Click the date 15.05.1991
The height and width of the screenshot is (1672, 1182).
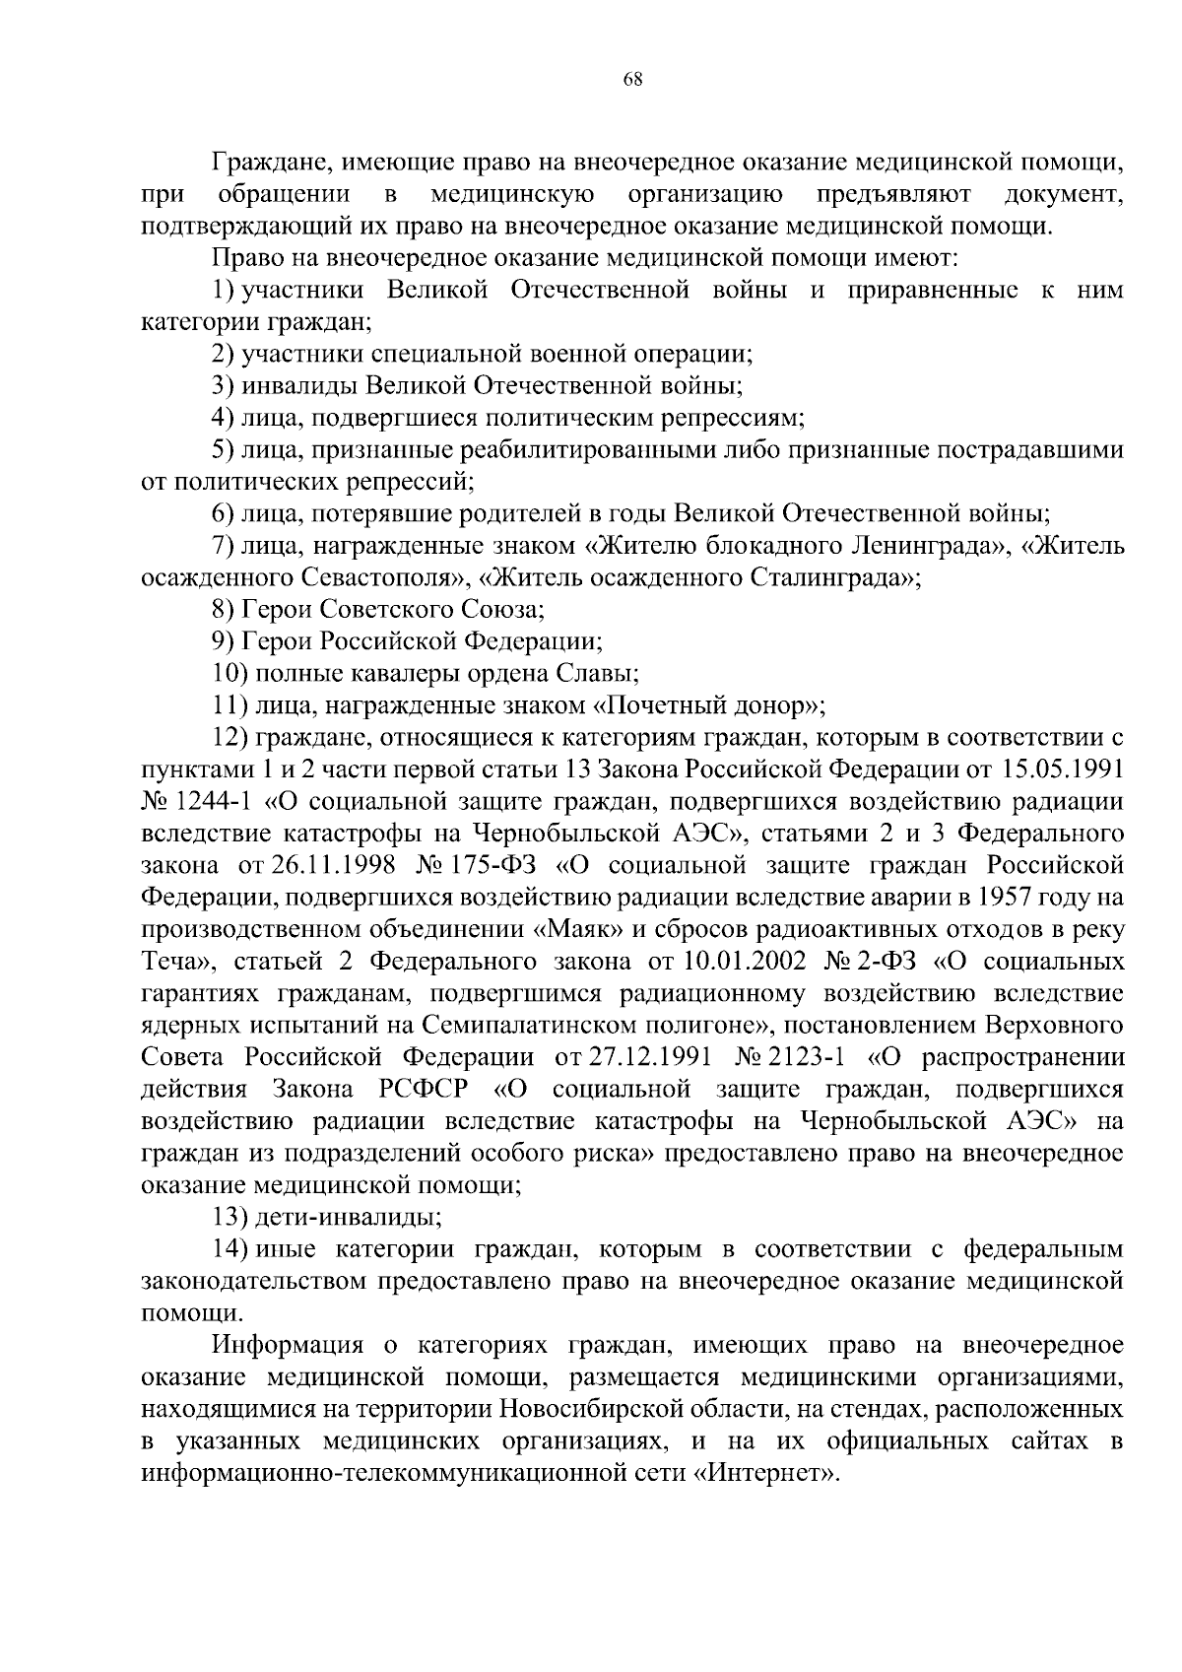pyautogui.click(x=1062, y=769)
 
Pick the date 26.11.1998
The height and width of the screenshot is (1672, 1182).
pyautogui.click(x=328, y=865)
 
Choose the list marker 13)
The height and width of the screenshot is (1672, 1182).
pyautogui.click(x=230, y=1217)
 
